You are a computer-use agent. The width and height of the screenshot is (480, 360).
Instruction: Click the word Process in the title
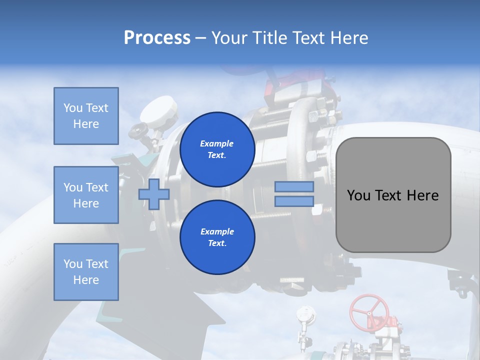click(157, 37)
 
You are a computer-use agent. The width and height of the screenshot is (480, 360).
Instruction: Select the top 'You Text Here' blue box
click(86, 116)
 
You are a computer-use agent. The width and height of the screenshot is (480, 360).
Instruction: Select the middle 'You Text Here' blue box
click(86, 195)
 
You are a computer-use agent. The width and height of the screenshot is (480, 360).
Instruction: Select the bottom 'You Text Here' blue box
click(86, 271)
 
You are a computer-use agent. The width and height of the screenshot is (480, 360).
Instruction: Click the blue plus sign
click(154, 194)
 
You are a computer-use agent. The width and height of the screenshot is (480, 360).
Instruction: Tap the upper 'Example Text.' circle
click(217, 149)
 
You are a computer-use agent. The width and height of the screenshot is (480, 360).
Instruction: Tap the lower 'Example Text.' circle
click(217, 237)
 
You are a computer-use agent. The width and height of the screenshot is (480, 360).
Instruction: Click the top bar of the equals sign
click(294, 187)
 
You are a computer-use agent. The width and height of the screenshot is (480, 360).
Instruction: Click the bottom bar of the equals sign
click(294, 201)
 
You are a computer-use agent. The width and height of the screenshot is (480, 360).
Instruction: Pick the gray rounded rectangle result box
click(393, 195)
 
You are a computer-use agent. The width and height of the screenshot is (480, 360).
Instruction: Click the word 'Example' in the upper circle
click(217, 143)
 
